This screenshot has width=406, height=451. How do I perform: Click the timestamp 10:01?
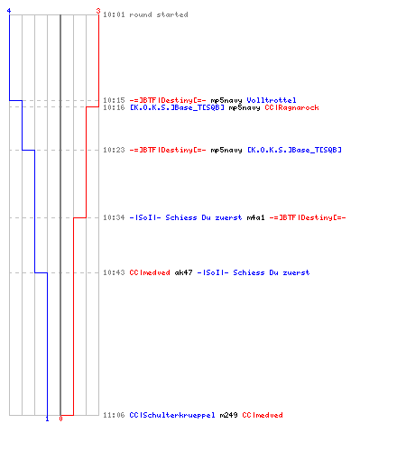(114, 14)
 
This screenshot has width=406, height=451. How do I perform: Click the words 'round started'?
(159, 14)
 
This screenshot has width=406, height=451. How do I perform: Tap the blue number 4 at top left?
(9, 11)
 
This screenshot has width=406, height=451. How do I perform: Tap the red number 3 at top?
(98, 11)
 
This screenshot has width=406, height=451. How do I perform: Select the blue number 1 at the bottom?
(47, 419)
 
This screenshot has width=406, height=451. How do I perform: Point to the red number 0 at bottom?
(60, 419)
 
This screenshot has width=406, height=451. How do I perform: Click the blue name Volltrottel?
(272, 100)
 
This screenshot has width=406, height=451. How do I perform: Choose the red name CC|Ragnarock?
(291, 107)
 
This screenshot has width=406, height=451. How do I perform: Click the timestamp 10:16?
(114, 107)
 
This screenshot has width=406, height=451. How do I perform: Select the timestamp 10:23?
(114, 150)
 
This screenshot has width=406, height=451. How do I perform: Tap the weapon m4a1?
(255, 217)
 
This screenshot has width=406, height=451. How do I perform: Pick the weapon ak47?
(183, 272)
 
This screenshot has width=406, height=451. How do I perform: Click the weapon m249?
(228, 415)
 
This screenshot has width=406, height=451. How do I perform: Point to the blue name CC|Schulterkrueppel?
(172, 415)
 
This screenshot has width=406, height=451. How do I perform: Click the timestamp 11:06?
(114, 415)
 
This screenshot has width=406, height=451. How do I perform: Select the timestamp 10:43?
(114, 272)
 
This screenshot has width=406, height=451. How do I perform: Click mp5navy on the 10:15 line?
(226, 100)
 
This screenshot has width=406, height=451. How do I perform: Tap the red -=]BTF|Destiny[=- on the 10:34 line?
(308, 217)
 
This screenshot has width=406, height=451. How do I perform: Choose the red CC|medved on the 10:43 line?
(150, 272)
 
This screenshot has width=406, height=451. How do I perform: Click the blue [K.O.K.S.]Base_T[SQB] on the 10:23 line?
(294, 150)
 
